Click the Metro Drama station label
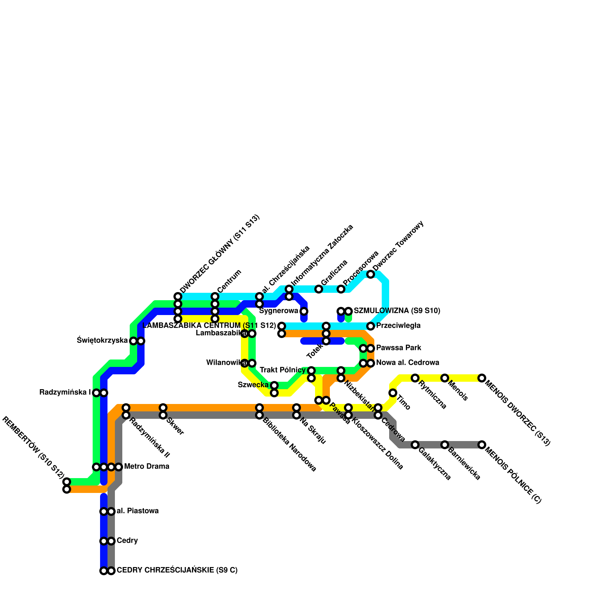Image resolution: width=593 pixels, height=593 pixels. click(x=146, y=466)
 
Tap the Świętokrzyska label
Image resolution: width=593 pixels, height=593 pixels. click(x=102, y=340)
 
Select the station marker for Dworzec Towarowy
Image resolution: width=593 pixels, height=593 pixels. click(x=371, y=274)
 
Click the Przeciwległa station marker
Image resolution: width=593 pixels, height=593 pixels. click(x=371, y=326)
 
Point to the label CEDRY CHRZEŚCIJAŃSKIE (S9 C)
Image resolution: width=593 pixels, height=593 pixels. click(x=177, y=570)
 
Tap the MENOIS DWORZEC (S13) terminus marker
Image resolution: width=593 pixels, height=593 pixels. click(x=482, y=378)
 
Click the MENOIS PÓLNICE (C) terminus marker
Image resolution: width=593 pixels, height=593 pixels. click(x=482, y=445)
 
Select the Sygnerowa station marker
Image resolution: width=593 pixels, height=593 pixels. click(x=304, y=311)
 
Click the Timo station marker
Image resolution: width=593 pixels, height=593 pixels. click(x=393, y=393)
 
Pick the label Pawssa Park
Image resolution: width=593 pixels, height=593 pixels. click(x=398, y=348)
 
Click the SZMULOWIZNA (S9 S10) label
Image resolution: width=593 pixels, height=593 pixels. click(x=397, y=311)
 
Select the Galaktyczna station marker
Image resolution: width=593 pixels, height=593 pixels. click(x=415, y=445)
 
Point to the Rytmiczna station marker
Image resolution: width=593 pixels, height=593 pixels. click(x=415, y=378)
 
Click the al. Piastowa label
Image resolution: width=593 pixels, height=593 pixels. click(x=138, y=511)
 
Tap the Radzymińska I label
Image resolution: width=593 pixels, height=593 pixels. click(x=65, y=392)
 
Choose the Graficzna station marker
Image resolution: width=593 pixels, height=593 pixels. click(x=319, y=289)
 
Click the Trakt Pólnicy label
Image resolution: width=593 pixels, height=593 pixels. click(x=282, y=370)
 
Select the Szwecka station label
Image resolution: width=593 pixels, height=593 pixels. click(x=253, y=385)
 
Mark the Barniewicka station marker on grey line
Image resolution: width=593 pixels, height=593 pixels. click(x=445, y=445)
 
